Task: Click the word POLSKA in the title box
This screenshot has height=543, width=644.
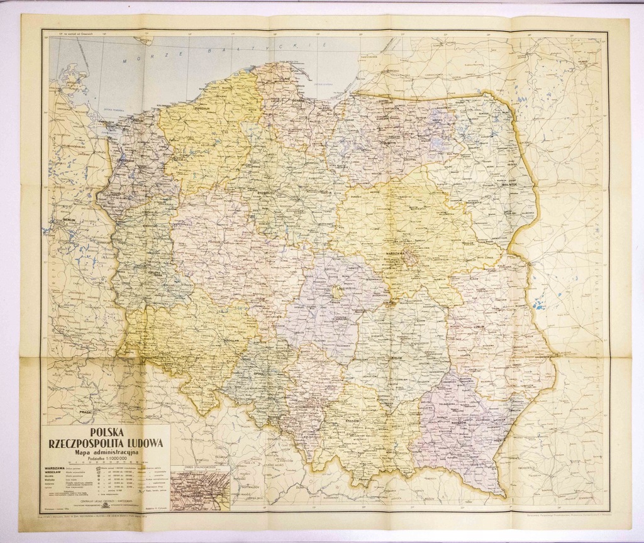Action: [x=106, y=432]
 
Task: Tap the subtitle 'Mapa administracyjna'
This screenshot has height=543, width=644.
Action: [x=105, y=452]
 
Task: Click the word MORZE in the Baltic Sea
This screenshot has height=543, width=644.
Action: [x=135, y=58]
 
